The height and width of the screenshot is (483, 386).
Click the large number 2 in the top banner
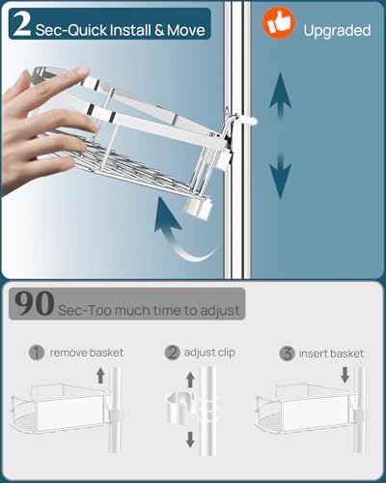pyautogui.click(x=22, y=24)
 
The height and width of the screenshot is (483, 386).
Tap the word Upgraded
pyautogui.click(x=337, y=31)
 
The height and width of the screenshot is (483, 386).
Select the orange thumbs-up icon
pyautogui.click(x=279, y=23)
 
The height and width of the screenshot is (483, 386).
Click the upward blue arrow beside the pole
pyautogui.click(x=281, y=97)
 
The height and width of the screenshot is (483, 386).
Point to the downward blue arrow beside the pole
pyautogui.click(x=281, y=176)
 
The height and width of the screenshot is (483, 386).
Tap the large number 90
pyautogui.click(x=34, y=303)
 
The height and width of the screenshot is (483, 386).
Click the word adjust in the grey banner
pyautogui.click(x=220, y=311)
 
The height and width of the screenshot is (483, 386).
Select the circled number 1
pyautogui.click(x=37, y=353)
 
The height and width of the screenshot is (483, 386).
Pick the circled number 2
pyautogui.click(x=173, y=353)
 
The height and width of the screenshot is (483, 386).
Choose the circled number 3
pyautogui.click(x=288, y=354)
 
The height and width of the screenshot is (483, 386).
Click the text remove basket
pyautogui.click(x=87, y=353)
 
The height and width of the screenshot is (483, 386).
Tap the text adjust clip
pyautogui.click(x=209, y=353)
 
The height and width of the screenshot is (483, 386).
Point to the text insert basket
pyautogui.click(x=331, y=354)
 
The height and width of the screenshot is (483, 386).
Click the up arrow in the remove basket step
pyautogui.click(x=100, y=376)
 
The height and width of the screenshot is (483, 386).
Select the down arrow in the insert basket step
pyautogui.click(x=345, y=376)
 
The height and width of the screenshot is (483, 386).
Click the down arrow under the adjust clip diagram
pyautogui.click(x=190, y=440)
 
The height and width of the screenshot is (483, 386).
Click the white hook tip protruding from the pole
pyautogui.click(x=251, y=121)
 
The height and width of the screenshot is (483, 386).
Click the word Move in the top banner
pyautogui.click(x=186, y=31)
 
